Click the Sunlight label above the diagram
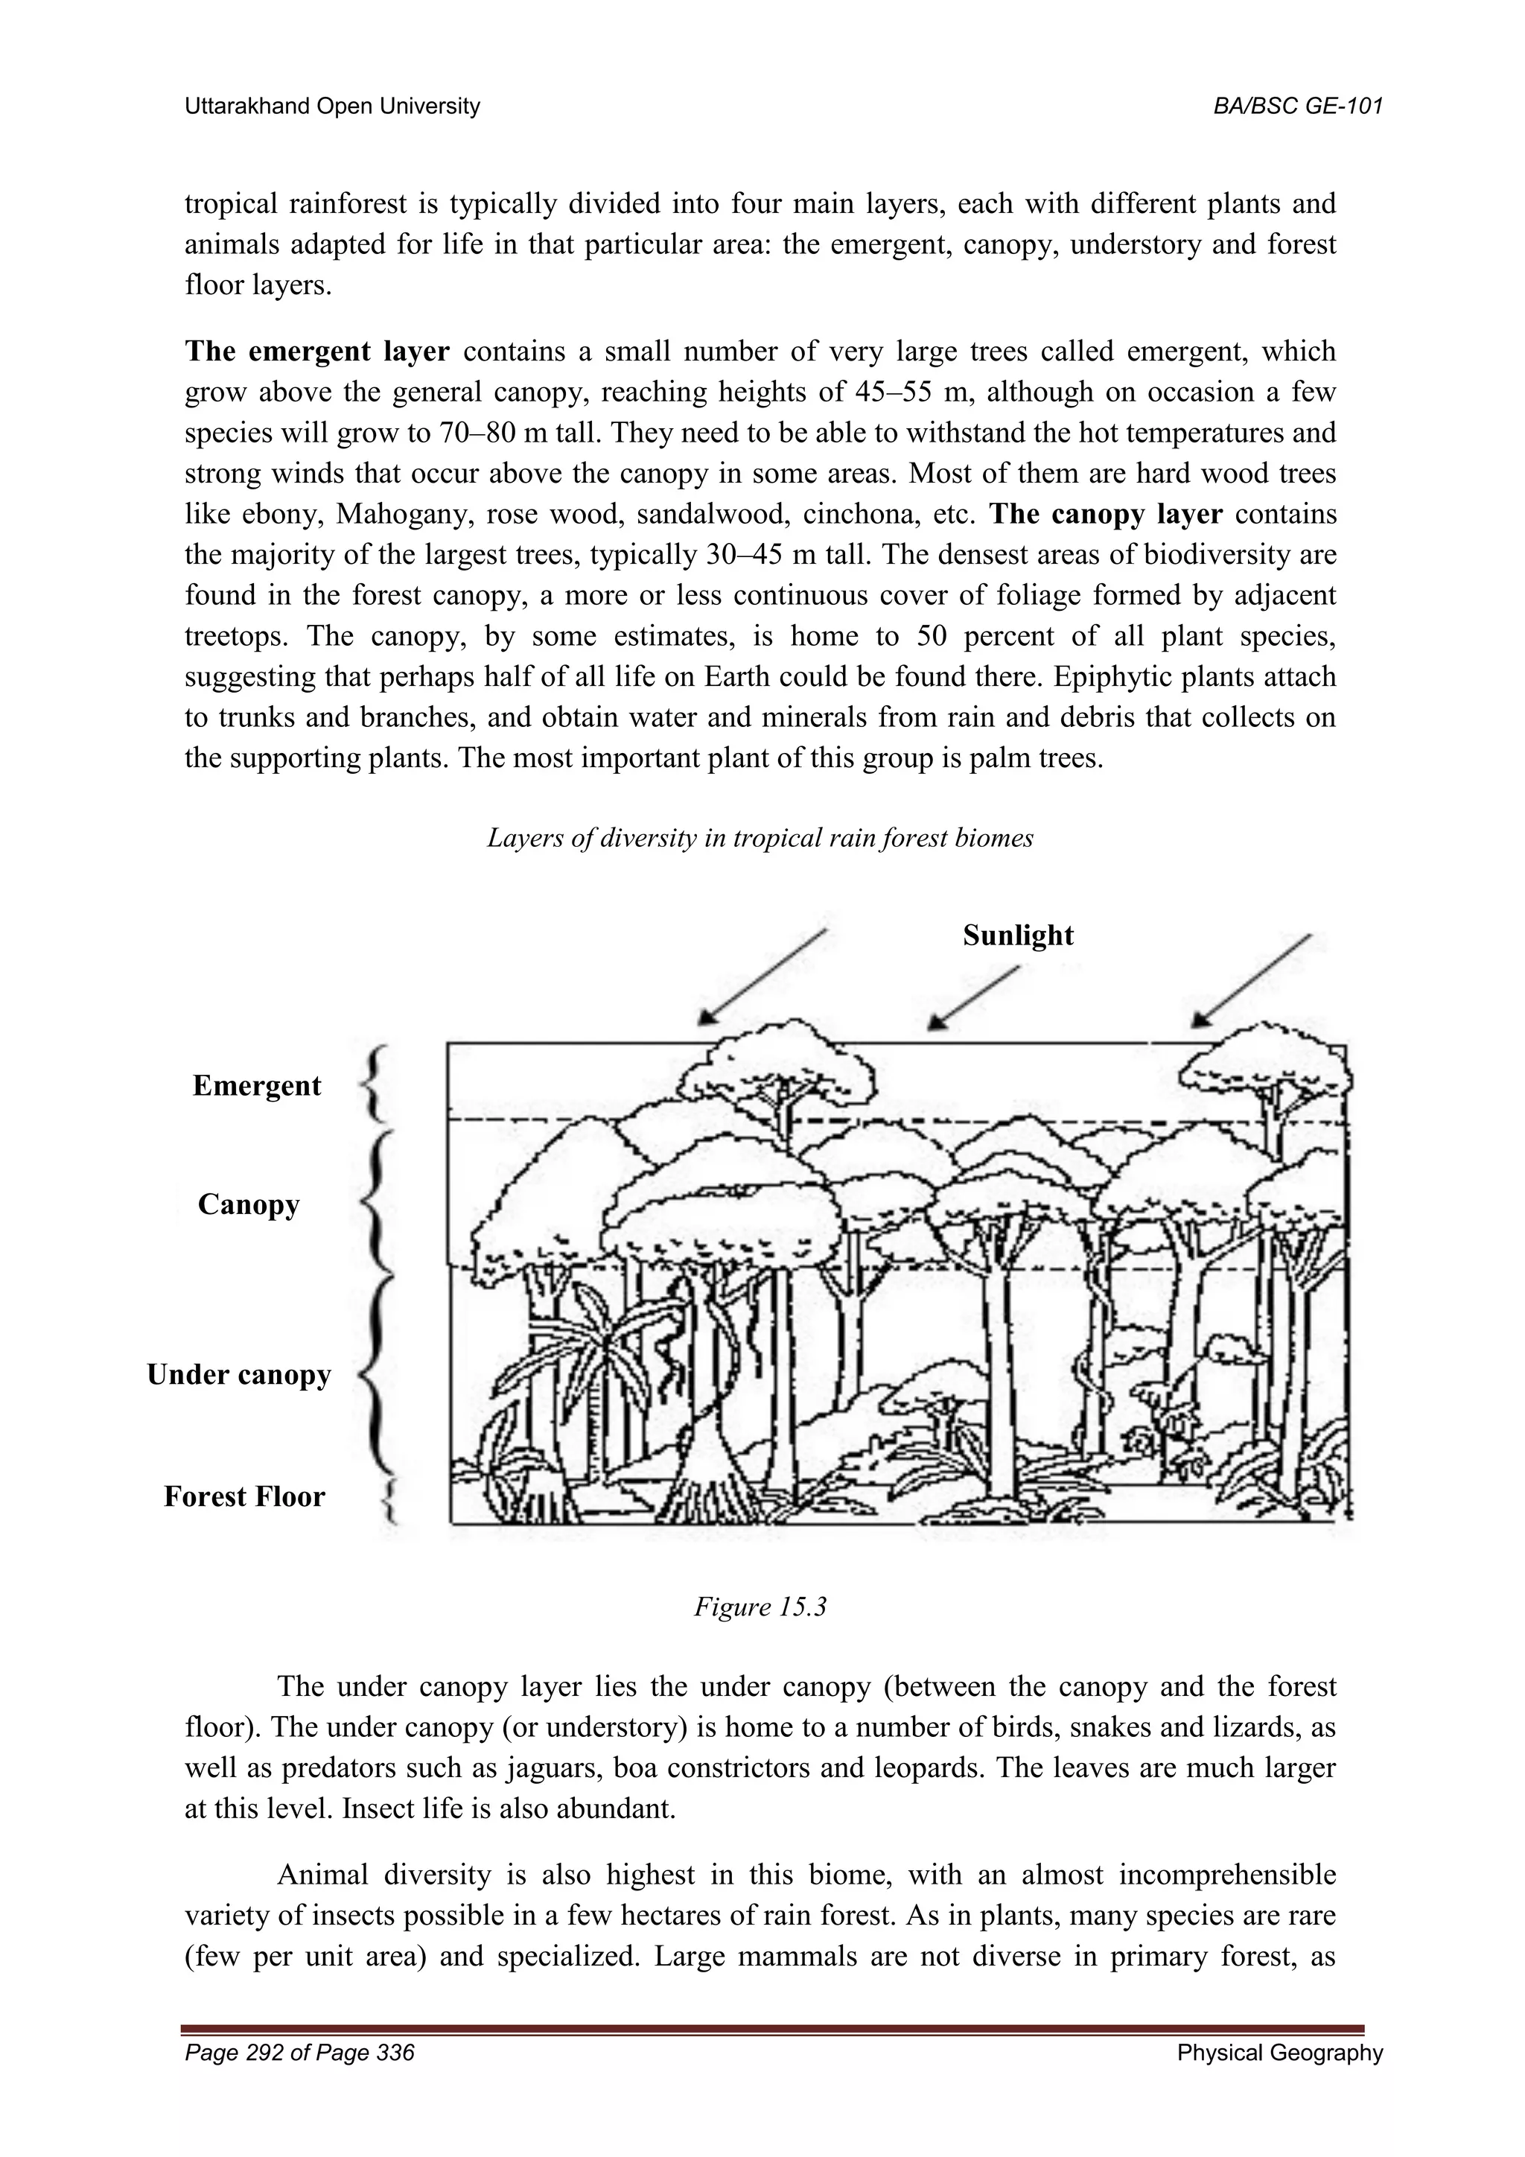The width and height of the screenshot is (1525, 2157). point(1018,935)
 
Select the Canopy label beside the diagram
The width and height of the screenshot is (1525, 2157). point(248,1204)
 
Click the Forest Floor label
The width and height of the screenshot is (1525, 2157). point(244,1496)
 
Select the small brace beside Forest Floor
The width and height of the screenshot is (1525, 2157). point(393,1499)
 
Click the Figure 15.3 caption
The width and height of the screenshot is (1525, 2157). point(760,1607)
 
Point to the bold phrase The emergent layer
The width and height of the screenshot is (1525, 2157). point(317,352)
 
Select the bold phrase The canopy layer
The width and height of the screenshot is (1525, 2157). point(1107,515)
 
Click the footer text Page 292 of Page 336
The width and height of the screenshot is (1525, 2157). point(299,2053)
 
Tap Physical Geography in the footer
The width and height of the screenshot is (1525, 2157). point(1280,2053)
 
